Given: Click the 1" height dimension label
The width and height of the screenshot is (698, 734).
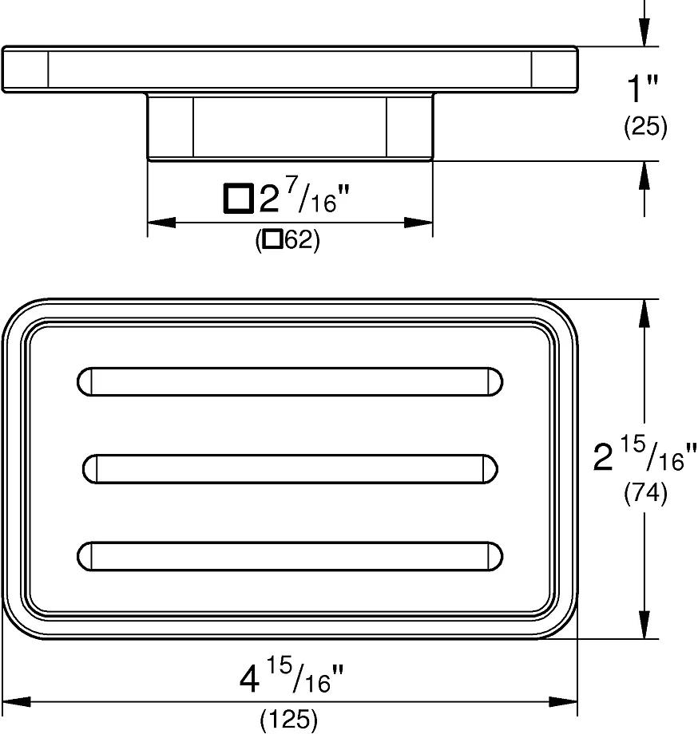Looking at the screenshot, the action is [642, 88].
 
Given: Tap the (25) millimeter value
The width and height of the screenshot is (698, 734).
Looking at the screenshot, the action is [645, 126].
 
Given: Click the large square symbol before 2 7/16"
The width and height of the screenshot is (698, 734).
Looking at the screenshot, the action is [239, 198].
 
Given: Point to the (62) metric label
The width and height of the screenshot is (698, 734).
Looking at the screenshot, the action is [288, 241].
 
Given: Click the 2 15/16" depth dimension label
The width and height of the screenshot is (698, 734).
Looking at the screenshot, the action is [645, 454].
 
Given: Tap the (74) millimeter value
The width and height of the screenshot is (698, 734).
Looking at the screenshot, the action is [645, 493].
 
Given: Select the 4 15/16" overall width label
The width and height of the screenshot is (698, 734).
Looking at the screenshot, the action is [291, 676].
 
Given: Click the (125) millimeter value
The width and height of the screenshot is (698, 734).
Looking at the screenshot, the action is [288, 720].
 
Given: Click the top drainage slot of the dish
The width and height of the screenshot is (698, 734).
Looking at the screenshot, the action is [290, 382].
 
